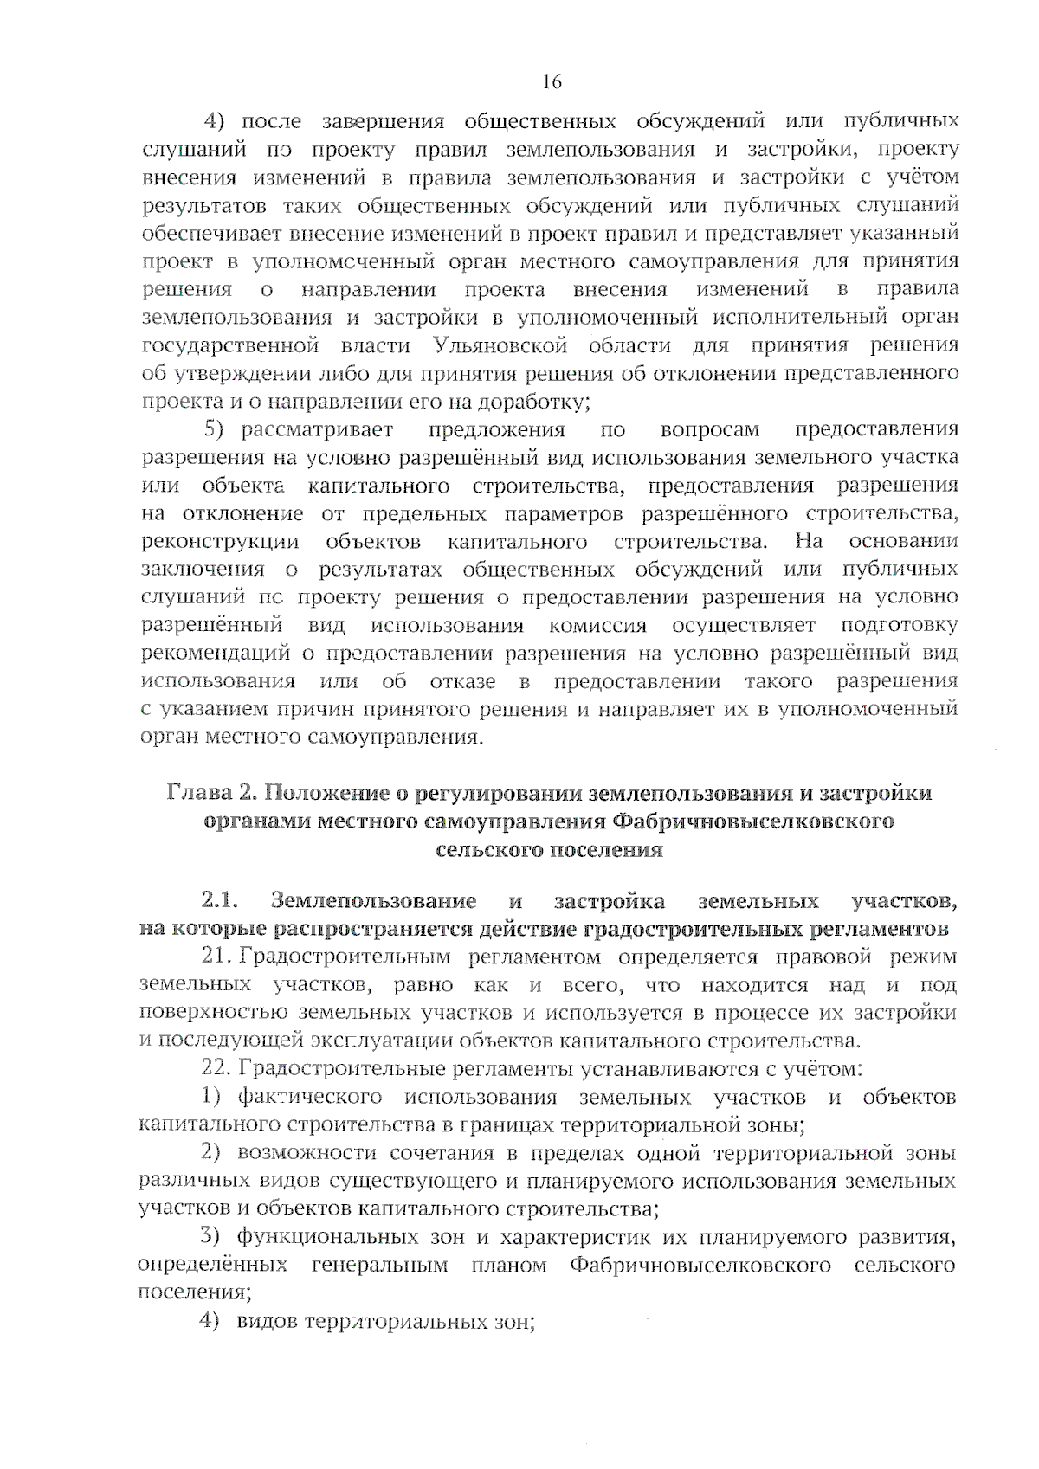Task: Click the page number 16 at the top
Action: [x=552, y=82]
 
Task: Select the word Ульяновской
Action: [x=498, y=345]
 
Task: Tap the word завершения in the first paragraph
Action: [x=382, y=120]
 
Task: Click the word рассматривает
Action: [x=317, y=429]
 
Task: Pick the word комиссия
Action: [x=597, y=625]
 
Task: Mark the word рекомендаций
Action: [x=216, y=654]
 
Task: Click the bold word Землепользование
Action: [x=373, y=901]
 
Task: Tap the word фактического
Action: [x=310, y=1098]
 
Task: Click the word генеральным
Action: [x=379, y=1266]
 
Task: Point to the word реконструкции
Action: [x=220, y=542]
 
